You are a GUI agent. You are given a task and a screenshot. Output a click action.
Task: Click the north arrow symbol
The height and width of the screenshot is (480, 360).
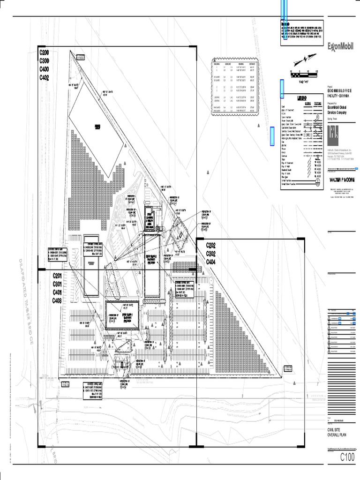pyautogui.click(x=301, y=60)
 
